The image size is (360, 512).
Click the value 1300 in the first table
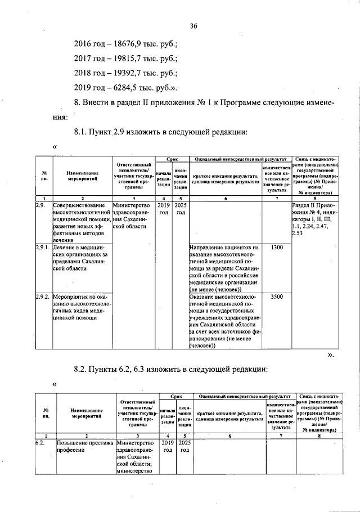click(276, 248)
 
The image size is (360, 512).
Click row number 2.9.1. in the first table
click(43, 248)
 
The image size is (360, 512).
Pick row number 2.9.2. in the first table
click(43, 296)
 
